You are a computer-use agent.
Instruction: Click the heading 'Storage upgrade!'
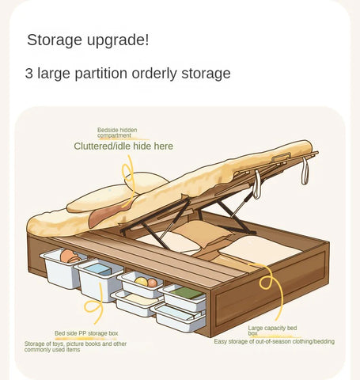coord(88,40)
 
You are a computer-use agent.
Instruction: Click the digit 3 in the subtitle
coord(29,74)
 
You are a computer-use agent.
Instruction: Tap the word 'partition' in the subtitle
coord(101,74)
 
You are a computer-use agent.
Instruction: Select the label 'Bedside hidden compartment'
coord(117,133)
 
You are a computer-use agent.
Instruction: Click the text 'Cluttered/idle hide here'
coord(123,146)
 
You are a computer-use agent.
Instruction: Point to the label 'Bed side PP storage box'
coord(86,333)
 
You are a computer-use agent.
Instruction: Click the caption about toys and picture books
coord(75,347)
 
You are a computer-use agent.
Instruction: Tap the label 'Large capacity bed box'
coord(272,330)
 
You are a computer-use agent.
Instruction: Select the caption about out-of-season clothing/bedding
coord(274,341)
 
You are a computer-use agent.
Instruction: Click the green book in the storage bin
coord(187,293)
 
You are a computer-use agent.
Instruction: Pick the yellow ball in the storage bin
coord(142,281)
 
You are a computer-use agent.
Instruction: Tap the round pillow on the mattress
coord(146,182)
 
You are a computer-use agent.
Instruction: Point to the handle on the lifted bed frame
coord(282,158)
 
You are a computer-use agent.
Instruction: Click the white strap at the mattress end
coord(305,171)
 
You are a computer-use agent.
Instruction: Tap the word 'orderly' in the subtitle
coord(154,74)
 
